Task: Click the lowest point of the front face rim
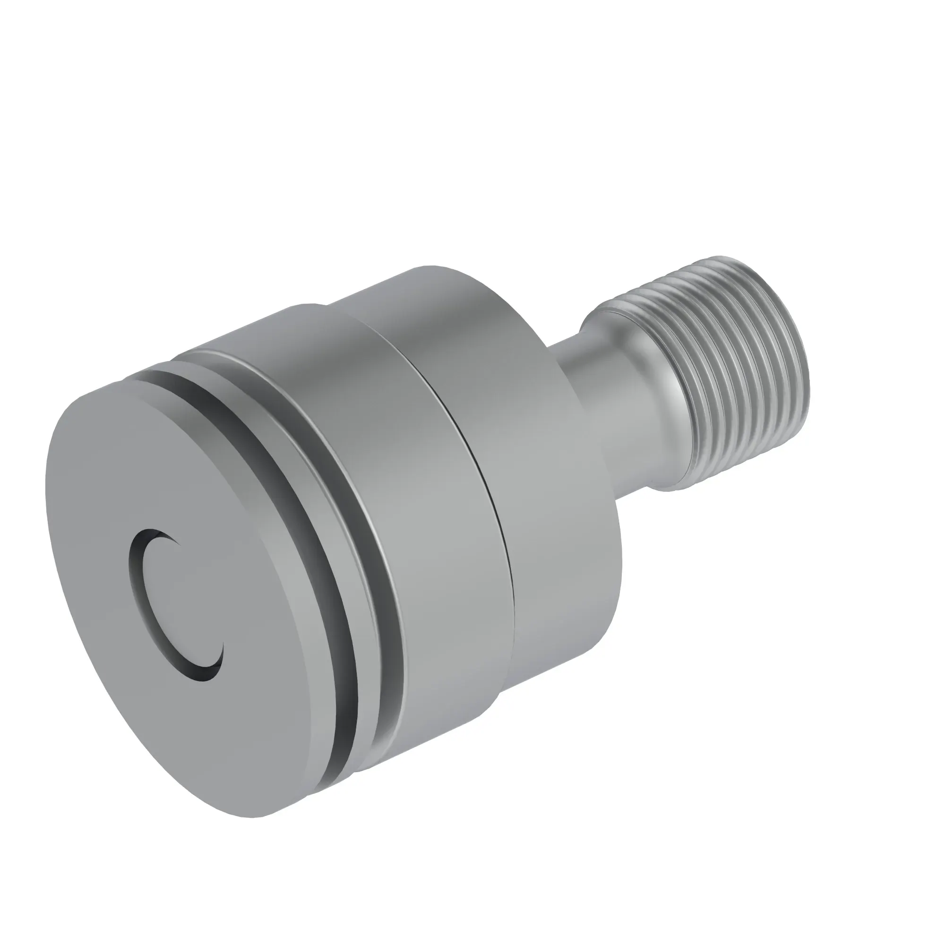tap(254, 817)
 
